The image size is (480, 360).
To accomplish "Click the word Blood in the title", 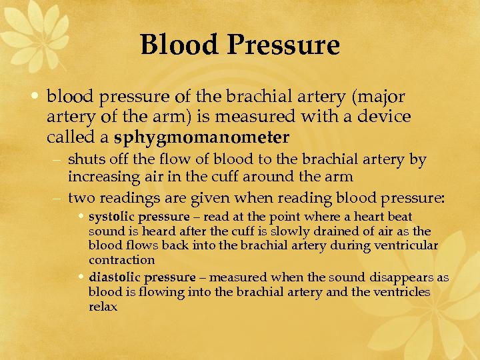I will [x=180, y=46].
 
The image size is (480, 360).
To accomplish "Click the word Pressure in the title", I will [x=284, y=46].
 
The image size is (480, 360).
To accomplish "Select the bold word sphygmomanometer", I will [x=201, y=138].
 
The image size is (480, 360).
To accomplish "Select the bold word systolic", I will [x=111, y=217].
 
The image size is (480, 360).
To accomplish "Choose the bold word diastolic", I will [x=114, y=277].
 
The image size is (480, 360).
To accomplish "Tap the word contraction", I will [x=121, y=260].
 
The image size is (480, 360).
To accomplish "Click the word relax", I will [x=103, y=307].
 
